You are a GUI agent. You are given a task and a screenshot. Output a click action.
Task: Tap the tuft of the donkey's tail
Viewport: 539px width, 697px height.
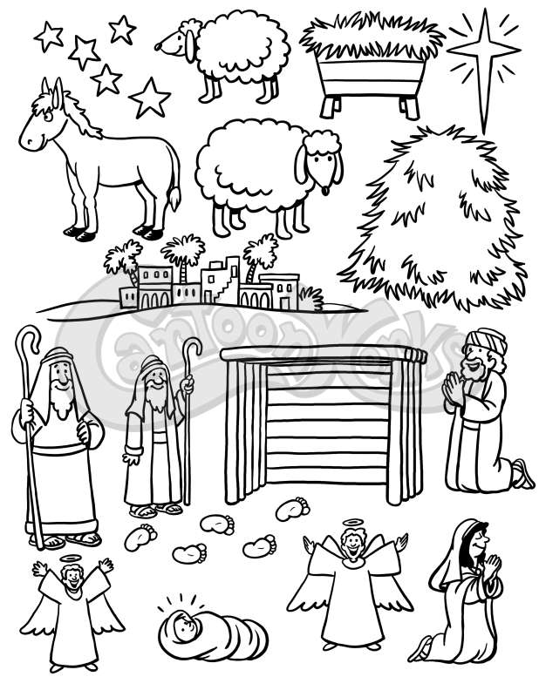174,199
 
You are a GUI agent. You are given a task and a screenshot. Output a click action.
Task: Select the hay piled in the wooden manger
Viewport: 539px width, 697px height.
372,36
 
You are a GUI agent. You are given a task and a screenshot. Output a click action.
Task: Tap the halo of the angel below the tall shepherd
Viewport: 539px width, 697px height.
70,558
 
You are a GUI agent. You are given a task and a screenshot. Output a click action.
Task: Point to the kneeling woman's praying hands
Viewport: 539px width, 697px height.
492,565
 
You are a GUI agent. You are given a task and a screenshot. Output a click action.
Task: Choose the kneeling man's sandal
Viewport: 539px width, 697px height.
523,474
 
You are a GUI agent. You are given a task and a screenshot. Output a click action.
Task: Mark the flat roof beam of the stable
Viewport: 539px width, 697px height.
324,355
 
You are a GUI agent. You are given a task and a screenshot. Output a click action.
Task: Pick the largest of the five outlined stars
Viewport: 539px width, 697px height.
149,98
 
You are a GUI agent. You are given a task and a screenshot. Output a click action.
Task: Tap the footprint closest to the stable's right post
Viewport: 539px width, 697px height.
292,510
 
